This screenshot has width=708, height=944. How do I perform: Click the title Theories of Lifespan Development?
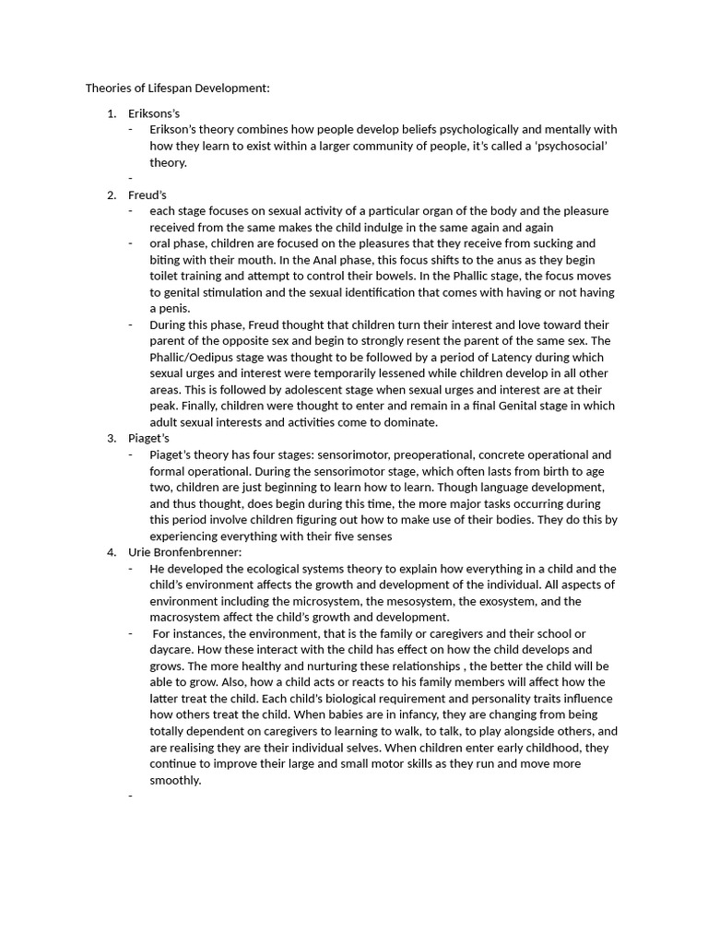(x=177, y=88)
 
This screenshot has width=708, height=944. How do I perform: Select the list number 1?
(x=112, y=113)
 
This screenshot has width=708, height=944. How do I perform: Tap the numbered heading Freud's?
(x=147, y=195)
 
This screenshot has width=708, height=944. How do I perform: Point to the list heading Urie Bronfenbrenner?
(x=184, y=552)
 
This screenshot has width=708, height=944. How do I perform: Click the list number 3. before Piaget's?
(x=112, y=438)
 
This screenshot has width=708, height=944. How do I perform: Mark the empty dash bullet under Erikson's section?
(x=131, y=179)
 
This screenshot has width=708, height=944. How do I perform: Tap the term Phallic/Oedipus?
(x=196, y=357)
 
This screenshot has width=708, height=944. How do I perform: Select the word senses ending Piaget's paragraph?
(x=372, y=536)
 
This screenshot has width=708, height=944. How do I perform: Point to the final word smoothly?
(x=175, y=780)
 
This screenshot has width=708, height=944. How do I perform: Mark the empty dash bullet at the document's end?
(x=131, y=796)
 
